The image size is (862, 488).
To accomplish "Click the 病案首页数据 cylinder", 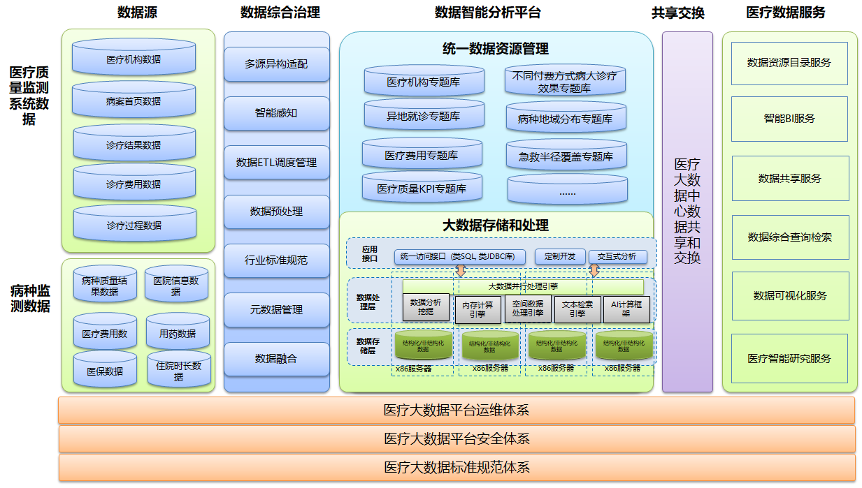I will (x=134, y=101).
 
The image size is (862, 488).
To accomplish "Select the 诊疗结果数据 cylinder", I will (x=134, y=145).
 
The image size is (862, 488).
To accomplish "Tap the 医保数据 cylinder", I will (x=105, y=371).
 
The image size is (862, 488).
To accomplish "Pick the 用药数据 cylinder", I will (x=178, y=333).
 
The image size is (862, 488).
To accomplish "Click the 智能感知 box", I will (x=276, y=112).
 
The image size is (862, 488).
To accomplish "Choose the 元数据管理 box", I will (x=276, y=309).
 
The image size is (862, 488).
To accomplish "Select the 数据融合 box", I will (x=276, y=359).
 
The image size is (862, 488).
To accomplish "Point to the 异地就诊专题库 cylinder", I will (x=424, y=116).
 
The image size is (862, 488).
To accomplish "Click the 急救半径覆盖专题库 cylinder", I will (x=566, y=156).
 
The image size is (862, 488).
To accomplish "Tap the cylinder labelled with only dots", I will (x=567, y=191).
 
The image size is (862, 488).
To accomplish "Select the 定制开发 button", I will (x=559, y=256).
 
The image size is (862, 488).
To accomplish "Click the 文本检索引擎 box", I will (x=577, y=309).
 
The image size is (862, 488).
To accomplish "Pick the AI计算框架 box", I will (x=626, y=309).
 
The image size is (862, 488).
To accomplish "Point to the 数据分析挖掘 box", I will (x=426, y=307).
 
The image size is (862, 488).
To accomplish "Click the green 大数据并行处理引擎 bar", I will (x=523, y=286).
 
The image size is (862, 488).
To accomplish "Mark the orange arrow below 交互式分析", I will (x=594, y=270).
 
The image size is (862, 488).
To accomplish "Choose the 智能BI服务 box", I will (x=789, y=119).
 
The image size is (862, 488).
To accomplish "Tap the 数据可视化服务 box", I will (x=789, y=295).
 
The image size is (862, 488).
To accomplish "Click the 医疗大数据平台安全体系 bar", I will (x=457, y=438).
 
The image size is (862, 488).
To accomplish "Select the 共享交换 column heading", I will (x=677, y=13).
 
